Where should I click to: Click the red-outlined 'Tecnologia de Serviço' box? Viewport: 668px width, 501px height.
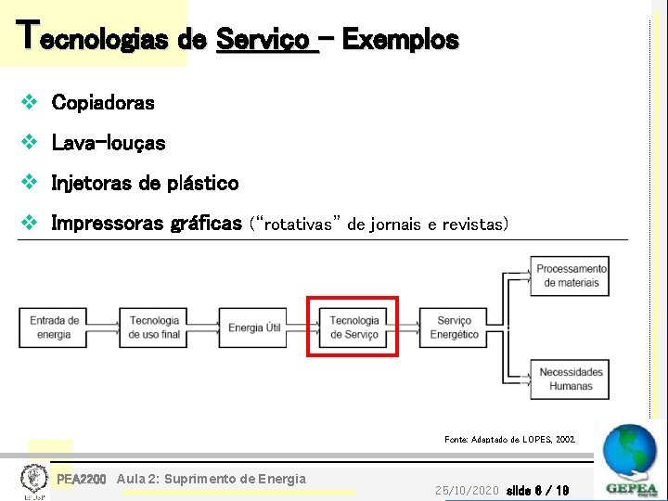coord(353,328)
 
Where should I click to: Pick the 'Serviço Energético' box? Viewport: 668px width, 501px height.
coord(453,328)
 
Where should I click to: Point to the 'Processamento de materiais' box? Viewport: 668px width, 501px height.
coord(571,276)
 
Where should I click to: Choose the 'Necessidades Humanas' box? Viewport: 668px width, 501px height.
coord(571,379)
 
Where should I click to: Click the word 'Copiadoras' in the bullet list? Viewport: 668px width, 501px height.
coord(103,102)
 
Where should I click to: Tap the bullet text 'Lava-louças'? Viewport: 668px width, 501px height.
coord(109,143)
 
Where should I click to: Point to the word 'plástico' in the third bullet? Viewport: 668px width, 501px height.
coord(202,184)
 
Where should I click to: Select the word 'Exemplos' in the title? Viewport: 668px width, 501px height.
coord(400,40)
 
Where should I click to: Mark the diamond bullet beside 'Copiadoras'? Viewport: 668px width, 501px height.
coord(30,101)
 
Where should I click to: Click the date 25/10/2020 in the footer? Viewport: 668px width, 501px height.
coord(467,489)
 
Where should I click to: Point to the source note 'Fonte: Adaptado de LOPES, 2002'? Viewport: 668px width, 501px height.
coord(509,439)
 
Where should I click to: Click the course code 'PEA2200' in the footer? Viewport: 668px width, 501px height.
coord(82,479)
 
